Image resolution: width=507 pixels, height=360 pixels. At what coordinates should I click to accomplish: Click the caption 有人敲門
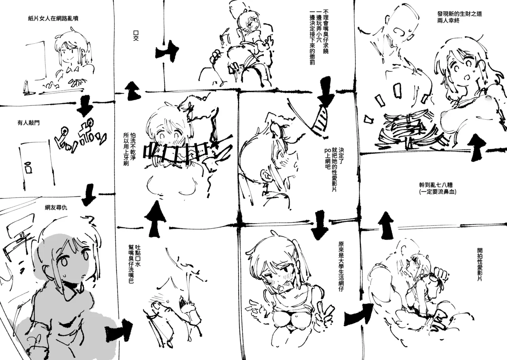(x=25, y=123)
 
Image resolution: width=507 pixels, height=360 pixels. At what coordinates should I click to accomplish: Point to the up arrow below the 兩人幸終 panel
(x=477, y=146)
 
